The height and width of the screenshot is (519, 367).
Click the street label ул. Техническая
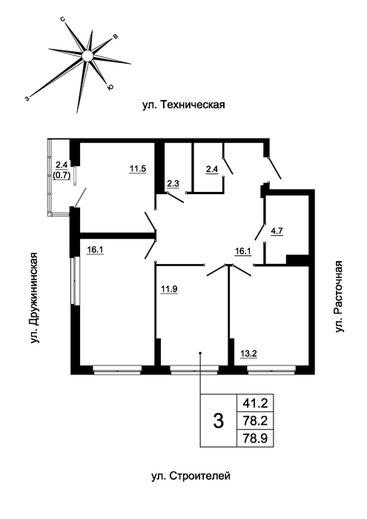point(184,105)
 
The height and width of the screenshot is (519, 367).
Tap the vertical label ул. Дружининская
point(35,298)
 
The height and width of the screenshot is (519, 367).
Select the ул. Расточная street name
point(340,297)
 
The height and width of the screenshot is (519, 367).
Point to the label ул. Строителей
point(191,476)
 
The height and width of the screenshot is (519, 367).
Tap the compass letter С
point(62,20)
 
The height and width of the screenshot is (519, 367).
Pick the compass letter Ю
point(110,87)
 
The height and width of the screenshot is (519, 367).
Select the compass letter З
point(27,98)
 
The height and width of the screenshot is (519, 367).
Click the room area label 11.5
point(138,169)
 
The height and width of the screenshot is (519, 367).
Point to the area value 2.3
point(173,184)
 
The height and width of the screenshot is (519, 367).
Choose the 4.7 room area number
point(277,231)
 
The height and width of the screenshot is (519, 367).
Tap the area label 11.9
point(169,289)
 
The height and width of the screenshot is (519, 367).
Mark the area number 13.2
point(248,354)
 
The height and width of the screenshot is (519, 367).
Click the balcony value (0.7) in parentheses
point(62,176)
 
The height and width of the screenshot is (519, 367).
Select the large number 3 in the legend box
point(219,421)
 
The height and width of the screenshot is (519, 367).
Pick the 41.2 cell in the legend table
point(255,403)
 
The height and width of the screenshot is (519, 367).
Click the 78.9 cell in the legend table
point(255,438)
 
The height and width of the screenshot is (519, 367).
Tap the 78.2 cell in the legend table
point(255,421)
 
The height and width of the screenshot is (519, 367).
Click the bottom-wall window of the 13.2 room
point(271,369)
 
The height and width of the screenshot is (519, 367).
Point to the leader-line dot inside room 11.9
point(200,354)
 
